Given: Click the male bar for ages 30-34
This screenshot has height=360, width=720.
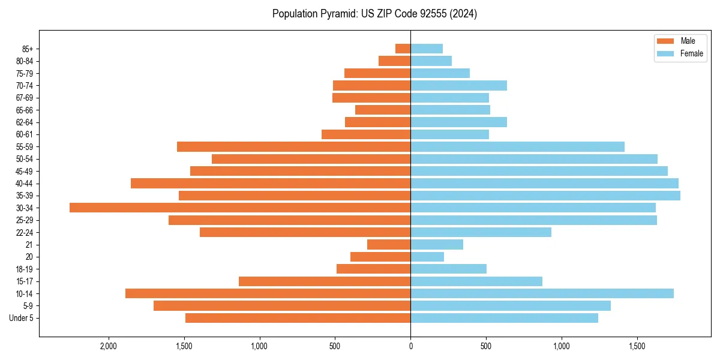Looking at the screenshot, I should pos(240,208).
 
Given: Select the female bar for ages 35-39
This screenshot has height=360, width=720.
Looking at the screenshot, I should pos(545,196).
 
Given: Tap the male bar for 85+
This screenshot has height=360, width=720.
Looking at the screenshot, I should pos(403,49).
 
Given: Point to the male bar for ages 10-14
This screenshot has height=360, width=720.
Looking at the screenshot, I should pos(268,293).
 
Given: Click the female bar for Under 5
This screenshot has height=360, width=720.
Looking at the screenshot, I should pos(504,318).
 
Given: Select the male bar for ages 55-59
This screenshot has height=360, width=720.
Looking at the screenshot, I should pos(293,146).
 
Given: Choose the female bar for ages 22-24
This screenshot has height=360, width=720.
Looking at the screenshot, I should pos(481,232).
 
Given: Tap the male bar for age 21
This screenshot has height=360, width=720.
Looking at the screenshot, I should pos(389,245).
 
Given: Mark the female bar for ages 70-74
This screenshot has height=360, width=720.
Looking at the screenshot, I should pos(458,85).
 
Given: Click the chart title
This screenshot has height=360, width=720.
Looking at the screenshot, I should pos(374,14).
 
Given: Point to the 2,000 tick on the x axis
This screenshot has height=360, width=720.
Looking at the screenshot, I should pos(109,347).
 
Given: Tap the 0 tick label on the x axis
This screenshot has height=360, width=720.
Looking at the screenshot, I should pos(410,347).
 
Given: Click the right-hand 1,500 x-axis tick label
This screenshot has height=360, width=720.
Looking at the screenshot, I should pos(637,347).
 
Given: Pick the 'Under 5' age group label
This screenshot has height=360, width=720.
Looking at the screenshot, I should pos(22,318).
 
